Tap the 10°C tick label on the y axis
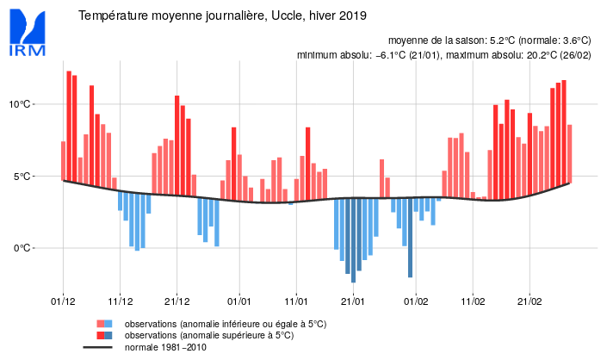[21, 104]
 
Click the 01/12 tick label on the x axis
[63, 301]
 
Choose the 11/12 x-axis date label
[120, 301]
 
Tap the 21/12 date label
[177, 301]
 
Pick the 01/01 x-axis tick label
[239, 301]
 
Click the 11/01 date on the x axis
[296, 301]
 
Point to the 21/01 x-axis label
[353, 301]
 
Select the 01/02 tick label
[416, 301]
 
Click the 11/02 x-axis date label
[473, 301]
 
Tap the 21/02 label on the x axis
[530, 301]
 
